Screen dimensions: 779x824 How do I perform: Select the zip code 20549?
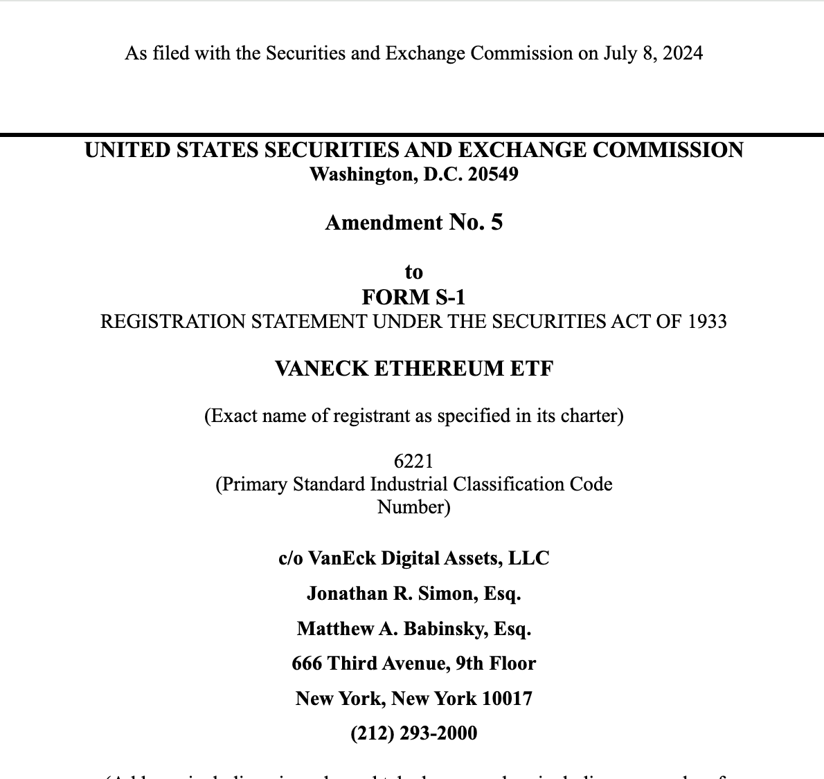click(x=493, y=174)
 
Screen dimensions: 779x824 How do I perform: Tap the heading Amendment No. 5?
click(x=413, y=223)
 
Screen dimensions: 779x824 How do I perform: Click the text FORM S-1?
click(x=413, y=297)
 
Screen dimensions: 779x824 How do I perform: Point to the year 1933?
click(x=708, y=322)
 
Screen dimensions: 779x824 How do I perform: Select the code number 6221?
click(x=413, y=461)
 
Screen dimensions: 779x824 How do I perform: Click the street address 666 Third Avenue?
click(x=370, y=663)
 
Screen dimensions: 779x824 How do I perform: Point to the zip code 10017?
click(x=507, y=698)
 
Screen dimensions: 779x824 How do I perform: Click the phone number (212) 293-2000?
click(x=413, y=733)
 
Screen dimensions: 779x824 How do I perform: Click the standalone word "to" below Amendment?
click(x=413, y=272)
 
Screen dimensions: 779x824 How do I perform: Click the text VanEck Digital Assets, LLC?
click(x=429, y=558)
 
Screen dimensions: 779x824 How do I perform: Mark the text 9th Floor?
click(x=496, y=663)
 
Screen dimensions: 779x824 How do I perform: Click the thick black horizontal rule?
click(x=412, y=134)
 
